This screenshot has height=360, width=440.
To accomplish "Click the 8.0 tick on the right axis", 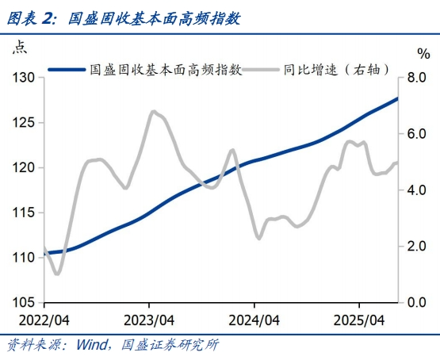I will coord(417,78).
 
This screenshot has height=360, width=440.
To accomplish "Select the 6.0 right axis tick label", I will coord(417,134).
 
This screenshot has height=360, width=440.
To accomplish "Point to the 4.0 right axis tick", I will coord(417,190).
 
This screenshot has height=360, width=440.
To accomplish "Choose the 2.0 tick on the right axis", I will coord(417,247).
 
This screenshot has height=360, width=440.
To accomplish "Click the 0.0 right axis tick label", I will coord(417,303).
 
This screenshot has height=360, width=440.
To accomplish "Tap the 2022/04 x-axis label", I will coord(44,320).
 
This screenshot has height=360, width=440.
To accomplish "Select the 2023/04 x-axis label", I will coord(148,320).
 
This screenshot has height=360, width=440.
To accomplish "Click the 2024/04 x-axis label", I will coord(254,320).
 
